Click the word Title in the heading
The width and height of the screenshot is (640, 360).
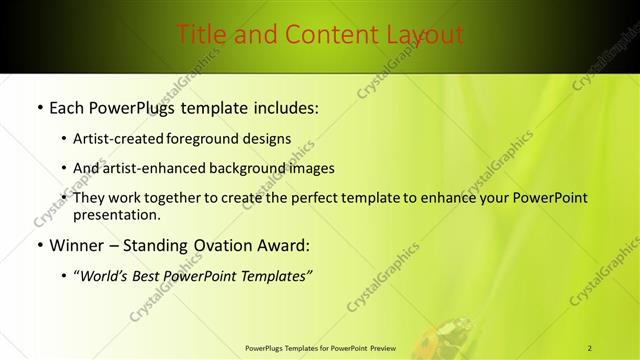[201, 35]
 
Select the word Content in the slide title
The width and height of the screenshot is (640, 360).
[318, 35]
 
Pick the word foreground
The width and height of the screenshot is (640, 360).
[208, 138]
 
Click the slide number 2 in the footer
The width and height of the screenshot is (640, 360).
[590, 348]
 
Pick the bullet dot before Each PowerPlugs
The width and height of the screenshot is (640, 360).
[39, 107]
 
